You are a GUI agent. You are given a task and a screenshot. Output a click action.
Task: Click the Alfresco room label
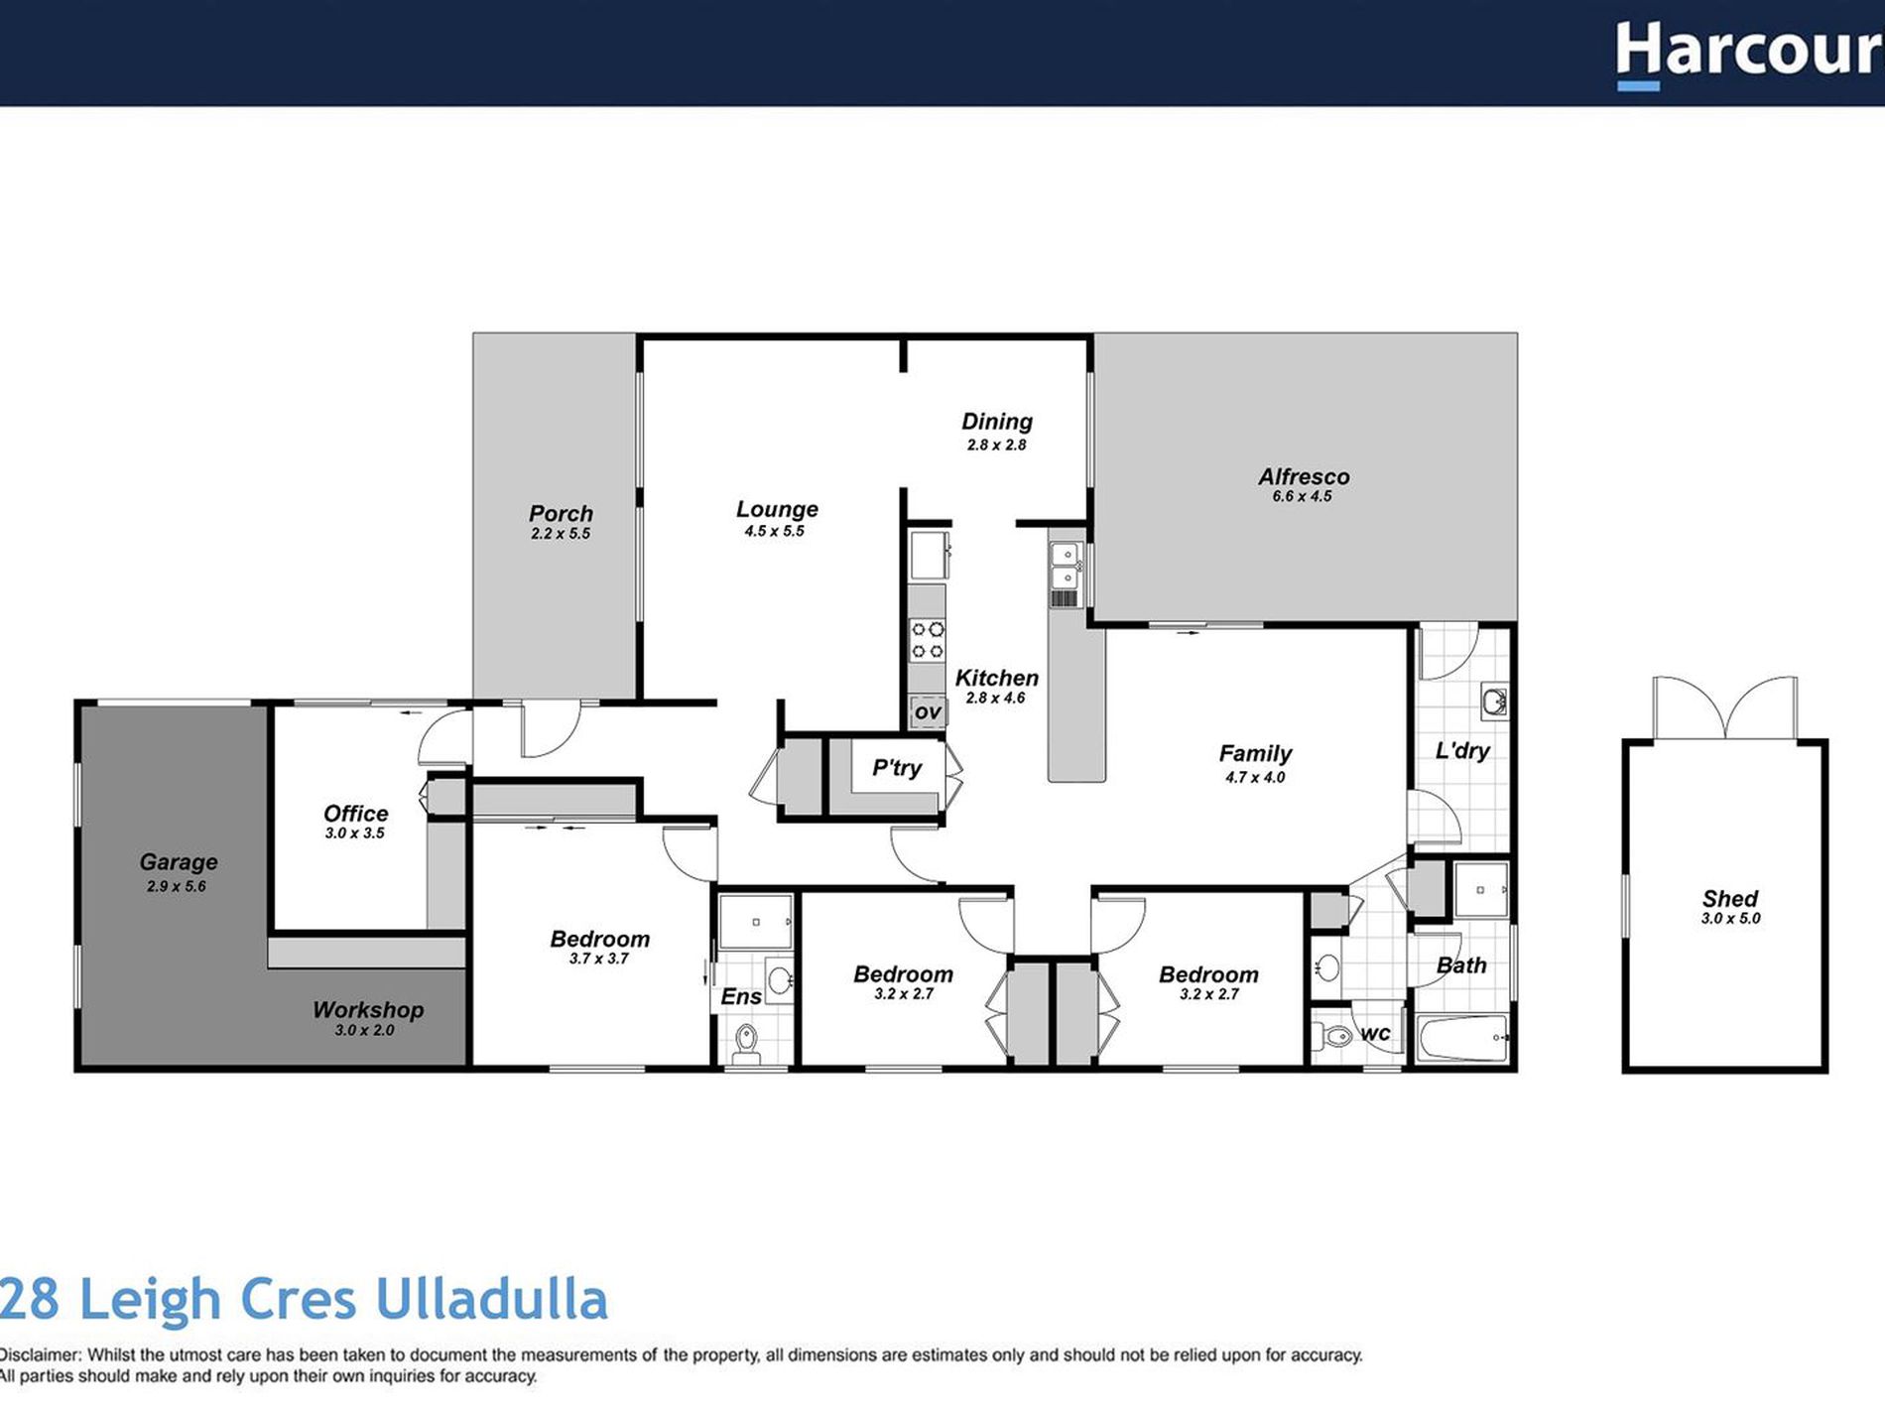coord(1303,477)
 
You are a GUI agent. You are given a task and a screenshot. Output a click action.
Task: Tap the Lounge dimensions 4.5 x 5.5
coord(774,532)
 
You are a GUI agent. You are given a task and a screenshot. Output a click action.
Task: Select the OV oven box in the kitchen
coord(927,711)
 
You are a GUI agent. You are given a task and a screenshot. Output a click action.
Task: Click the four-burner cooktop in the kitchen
coord(928,640)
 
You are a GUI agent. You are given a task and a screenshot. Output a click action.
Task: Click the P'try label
coord(896,767)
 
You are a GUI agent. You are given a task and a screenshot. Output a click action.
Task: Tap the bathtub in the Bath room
coord(1461,1039)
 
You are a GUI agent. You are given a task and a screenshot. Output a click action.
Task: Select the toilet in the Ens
coord(746,1043)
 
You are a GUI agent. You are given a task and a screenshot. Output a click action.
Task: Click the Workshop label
coord(367,1010)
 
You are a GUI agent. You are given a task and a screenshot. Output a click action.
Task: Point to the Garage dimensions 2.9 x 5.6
coord(177,887)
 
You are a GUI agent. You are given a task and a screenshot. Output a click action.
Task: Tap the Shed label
coord(1729,899)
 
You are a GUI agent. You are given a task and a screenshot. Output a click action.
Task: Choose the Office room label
coord(355,814)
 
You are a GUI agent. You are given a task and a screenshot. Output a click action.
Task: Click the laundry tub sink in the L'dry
coord(1493,701)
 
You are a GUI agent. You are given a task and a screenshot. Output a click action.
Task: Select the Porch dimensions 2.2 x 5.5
coord(561,534)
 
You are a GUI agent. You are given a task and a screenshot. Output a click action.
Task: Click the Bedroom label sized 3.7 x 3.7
coord(599,939)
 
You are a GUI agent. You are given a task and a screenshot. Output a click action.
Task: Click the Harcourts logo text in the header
coord(1748,52)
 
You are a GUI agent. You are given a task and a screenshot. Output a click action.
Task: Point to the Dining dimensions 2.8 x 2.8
coord(996,446)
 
